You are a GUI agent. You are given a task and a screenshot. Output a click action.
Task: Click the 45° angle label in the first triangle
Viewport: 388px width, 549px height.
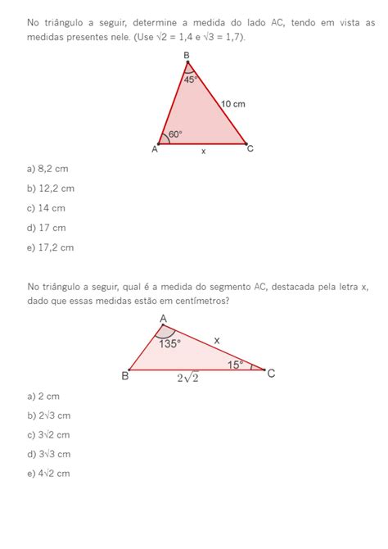coord(189,79)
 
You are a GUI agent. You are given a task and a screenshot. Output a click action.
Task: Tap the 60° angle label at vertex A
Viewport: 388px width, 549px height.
coord(175,134)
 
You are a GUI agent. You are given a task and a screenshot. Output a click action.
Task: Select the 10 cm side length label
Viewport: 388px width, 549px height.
coord(233,104)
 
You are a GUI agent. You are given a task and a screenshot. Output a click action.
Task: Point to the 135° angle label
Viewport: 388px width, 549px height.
coord(169,344)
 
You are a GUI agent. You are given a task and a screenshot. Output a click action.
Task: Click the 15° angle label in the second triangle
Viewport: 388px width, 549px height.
coord(236,365)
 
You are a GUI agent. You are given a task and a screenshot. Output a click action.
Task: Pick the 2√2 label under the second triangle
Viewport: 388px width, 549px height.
coord(189,378)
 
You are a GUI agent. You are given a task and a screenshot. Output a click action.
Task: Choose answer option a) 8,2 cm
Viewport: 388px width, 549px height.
coord(47,169)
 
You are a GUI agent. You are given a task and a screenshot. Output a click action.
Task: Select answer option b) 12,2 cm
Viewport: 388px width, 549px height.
coord(50,188)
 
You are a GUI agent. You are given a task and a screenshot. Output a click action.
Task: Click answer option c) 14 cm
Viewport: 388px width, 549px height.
coord(46,208)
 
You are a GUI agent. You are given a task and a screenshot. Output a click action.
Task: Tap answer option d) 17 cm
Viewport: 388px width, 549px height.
coord(46,228)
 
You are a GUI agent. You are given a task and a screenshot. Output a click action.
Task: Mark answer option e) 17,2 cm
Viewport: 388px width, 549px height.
coord(50,247)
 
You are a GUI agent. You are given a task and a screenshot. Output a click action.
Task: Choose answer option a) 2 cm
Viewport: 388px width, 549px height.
coord(43,395)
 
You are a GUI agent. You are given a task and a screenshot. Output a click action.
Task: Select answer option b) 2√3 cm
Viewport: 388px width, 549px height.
coord(48,415)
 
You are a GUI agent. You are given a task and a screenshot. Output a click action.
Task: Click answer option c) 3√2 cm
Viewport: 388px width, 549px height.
coord(48,434)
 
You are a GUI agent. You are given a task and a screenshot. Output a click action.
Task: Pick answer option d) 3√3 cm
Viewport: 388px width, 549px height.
coord(48,454)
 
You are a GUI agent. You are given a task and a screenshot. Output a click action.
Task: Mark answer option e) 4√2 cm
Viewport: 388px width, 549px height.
coord(48,474)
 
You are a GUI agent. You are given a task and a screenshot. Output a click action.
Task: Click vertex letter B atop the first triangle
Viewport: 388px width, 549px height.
coord(187,55)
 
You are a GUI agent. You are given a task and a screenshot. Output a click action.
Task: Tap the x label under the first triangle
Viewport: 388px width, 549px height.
coord(204,151)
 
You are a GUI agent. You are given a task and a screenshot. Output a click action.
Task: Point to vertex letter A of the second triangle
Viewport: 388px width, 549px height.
coord(162,319)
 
